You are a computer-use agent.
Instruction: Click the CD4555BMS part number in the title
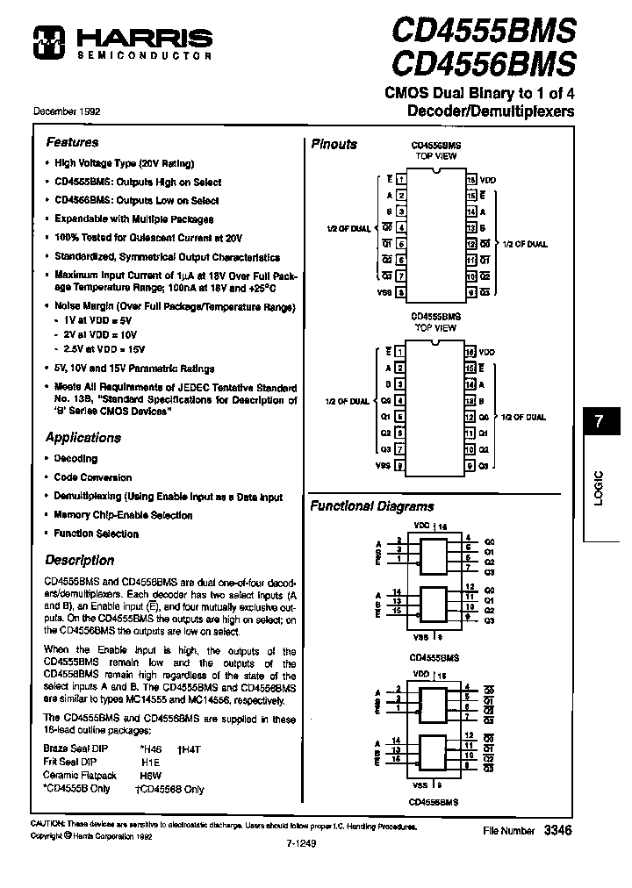(483, 32)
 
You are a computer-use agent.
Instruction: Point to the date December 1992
(67, 112)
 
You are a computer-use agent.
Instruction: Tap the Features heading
(72, 142)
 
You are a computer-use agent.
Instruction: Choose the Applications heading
(83, 438)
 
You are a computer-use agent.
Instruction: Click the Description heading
(79, 560)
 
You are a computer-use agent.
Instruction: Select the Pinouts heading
(334, 144)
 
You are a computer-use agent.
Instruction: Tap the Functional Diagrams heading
(372, 506)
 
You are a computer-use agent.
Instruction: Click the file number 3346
(557, 829)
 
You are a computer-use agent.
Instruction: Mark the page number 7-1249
(301, 843)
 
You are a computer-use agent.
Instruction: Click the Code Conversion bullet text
(93, 477)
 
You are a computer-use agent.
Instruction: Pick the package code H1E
(151, 763)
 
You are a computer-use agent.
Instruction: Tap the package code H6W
(152, 776)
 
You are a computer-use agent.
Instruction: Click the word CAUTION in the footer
(47, 827)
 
